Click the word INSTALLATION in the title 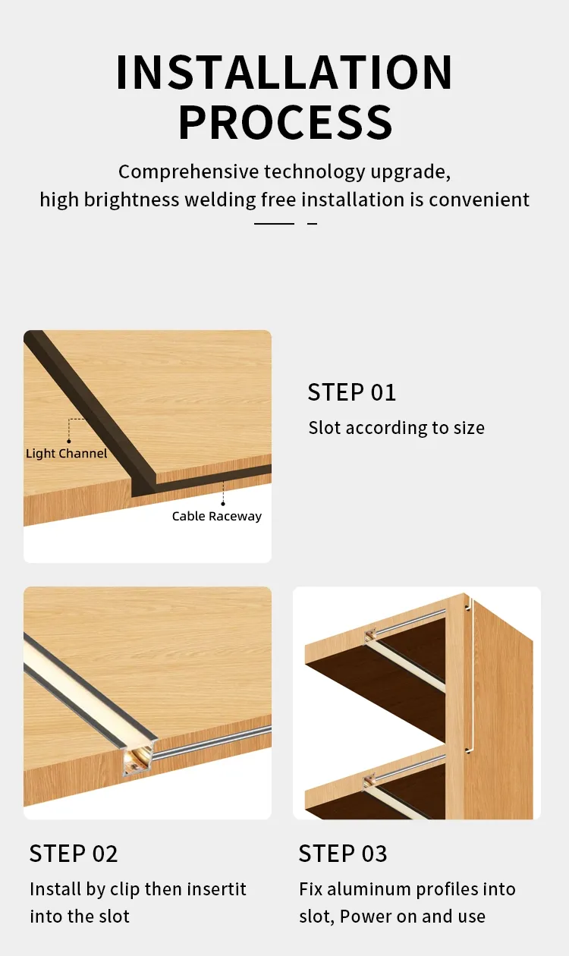point(284,73)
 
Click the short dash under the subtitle point(312,224)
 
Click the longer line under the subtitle point(274,224)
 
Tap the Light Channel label point(67,454)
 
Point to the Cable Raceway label point(216,516)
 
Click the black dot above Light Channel point(69,441)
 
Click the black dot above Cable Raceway point(223,503)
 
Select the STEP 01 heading point(352,392)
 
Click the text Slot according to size point(396,428)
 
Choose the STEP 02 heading point(74,854)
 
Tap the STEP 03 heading point(343,854)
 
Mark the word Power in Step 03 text point(366,917)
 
